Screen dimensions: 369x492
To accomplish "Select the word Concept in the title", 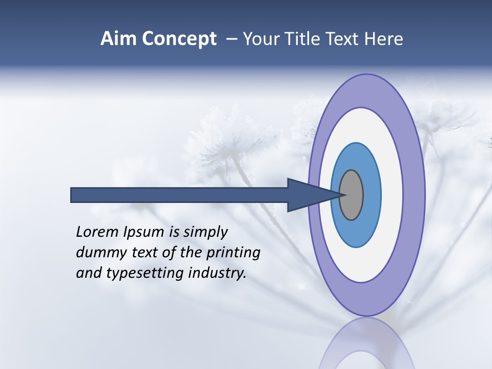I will point(179,39).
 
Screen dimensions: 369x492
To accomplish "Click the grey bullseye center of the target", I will point(352,195).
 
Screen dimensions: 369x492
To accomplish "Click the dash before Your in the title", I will point(232,39).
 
